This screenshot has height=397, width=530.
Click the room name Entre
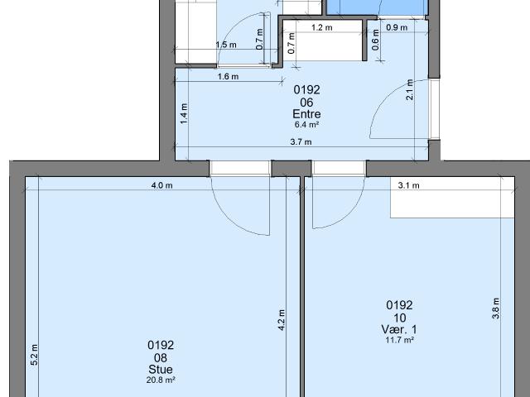point(306,114)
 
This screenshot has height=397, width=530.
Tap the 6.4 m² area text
point(306,125)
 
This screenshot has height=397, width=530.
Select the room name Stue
point(161,369)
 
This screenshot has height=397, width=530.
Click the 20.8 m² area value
point(161,380)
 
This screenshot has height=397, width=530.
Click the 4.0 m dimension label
point(161,186)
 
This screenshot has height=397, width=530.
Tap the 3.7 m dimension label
point(301,142)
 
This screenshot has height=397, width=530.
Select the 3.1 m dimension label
point(408,186)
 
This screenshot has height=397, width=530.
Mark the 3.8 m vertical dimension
point(496,307)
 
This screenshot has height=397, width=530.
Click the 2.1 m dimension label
point(409,88)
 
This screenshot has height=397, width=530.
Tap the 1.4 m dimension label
point(184,112)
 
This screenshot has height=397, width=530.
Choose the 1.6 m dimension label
point(228,77)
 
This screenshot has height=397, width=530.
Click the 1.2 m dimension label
point(321,27)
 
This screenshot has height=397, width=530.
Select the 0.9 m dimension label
point(397,27)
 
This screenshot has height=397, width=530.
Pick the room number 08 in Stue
point(161,357)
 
